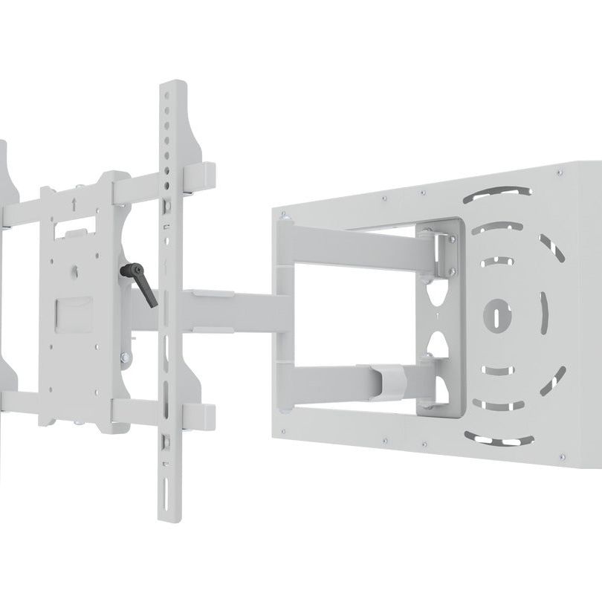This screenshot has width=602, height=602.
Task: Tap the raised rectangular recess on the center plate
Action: pos(77,313)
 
